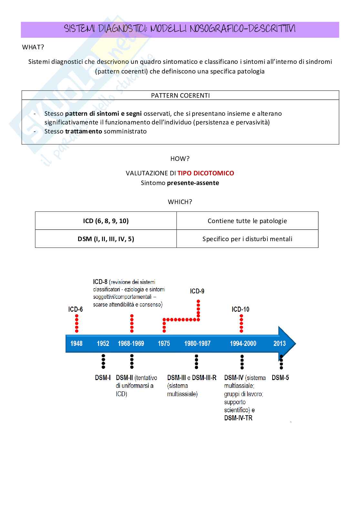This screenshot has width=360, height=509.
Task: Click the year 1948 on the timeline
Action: tap(76, 343)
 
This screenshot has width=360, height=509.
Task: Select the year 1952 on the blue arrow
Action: tap(103, 343)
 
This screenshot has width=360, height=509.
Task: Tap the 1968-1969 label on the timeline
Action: tap(131, 343)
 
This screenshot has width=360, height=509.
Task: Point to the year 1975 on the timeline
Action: tap(164, 343)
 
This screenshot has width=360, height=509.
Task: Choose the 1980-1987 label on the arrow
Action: tap(197, 343)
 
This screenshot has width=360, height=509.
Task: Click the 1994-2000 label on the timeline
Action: tap(243, 343)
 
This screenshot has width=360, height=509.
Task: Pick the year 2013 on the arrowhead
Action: tap(279, 343)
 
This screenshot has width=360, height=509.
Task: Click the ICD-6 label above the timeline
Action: tap(75, 309)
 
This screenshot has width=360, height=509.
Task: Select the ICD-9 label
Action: tap(197, 291)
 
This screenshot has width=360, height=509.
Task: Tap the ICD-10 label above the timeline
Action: tap(240, 309)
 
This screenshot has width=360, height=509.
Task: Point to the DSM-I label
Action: tap(103, 377)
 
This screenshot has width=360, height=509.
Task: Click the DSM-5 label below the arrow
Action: tap(280, 377)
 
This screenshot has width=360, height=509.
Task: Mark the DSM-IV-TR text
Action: tap(238, 418)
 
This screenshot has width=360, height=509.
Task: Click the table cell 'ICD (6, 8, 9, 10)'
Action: tap(106, 221)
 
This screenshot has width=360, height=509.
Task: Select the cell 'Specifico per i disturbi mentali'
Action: tap(247, 239)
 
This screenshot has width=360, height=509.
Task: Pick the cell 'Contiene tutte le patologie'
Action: tap(247, 221)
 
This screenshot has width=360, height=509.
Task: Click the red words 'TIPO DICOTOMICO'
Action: tap(205, 173)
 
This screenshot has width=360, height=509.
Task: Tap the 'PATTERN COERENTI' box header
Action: tap(180, 95)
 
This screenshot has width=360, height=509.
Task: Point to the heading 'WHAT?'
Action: tap(33, 47)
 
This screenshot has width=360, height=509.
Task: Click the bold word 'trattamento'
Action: tap(84, 131)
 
